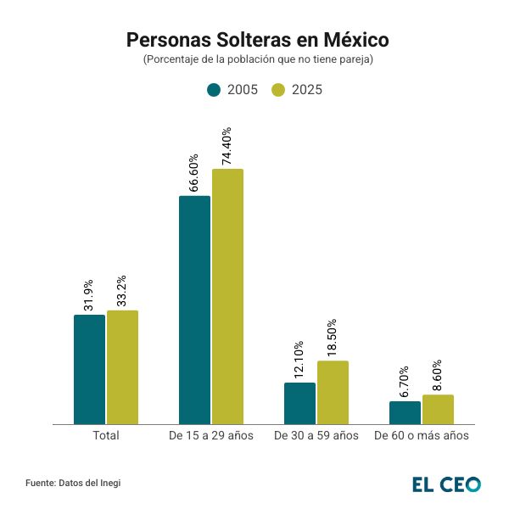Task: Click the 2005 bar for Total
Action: (x=89, y=369)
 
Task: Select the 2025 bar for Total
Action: (x=122, y=366)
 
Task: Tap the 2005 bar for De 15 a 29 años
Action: (x=194, y=310)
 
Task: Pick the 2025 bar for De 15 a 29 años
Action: (x=227, y=296)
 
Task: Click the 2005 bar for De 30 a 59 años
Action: (x=299, y=403)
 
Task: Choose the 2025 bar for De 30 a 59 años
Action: (x=333, y=392)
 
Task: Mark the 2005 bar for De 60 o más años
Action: (x=405, y=412)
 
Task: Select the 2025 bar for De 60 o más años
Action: (x=438, y=409)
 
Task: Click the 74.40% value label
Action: (x=227, y=146)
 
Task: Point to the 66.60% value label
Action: (x=194, y=173)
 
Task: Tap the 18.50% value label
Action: (x=333, y=338)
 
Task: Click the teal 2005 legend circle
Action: (x=214, y=90)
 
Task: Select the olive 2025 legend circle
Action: (x=278, y=90)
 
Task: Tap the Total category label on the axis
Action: (x=105, y=435)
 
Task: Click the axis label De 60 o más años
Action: (x=422, y=435)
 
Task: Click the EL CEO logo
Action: (x=446, y=484)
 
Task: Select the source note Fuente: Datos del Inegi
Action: (x=73, y=483)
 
